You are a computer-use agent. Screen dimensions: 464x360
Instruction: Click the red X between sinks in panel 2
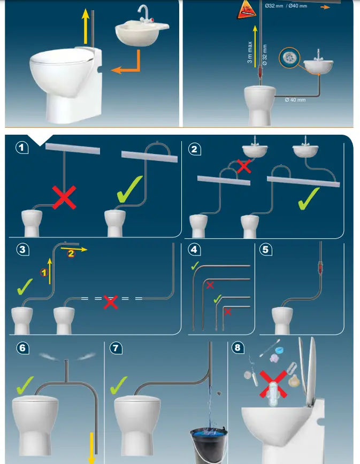(244, 166)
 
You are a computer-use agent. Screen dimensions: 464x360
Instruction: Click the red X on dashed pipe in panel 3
(110, 301)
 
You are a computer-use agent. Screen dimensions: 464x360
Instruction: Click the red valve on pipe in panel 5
(321, 267)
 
